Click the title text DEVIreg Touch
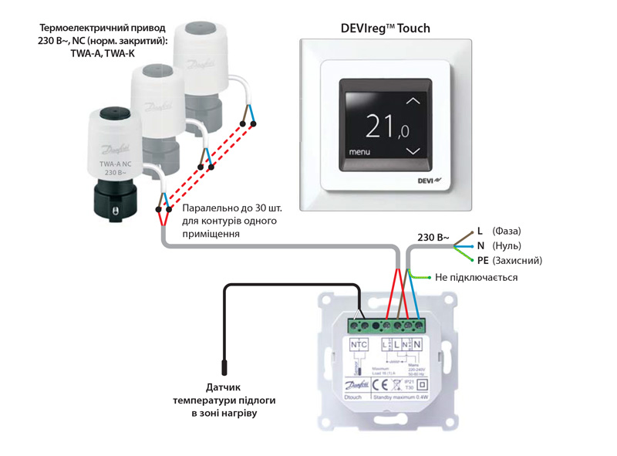click(385, 29)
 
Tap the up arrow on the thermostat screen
click(415, 100)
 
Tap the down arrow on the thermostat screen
click(415, 150)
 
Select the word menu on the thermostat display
click(359, 152)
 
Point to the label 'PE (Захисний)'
click(509, 261)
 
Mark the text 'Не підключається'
click(476, 277)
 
